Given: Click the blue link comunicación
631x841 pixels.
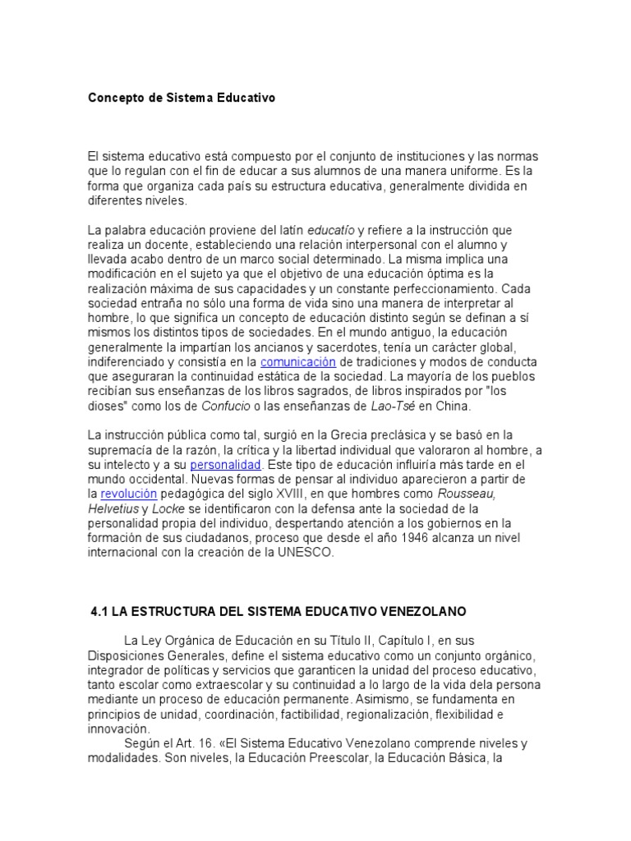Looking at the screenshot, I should tap(298, 361).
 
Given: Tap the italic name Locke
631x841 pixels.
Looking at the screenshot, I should tap(178, 508).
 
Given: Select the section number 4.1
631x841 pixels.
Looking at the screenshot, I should tap(99, 612).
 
